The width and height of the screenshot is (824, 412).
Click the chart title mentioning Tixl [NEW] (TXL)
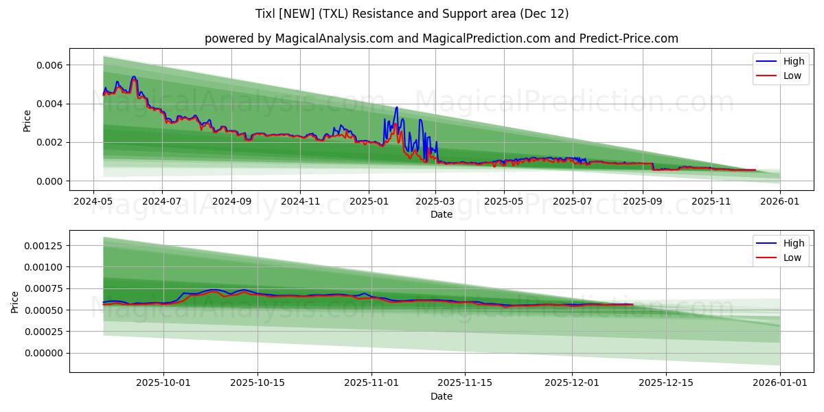pyautogui.click(x=412, y=14)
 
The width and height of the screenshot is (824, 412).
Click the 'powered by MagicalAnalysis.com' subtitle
pyautogui.click(x=441, y=38)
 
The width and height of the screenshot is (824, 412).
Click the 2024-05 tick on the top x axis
pyautogui.click(x=93, y=201)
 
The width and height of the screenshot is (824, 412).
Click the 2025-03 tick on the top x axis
pyautogui.click(x=435, y=201)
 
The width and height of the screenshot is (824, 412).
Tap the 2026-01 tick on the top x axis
pyautogui.click(x=781, y=201)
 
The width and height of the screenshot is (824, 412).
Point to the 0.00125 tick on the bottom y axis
pyautogui.click(x=45, y=246)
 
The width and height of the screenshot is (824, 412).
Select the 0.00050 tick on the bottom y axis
pyautogui.click(x=45, y=310)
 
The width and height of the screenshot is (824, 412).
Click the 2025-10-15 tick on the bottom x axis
pyautogui.click(x=257, y=383)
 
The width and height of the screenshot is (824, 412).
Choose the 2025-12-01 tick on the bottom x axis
pyautogui.click(x=572, y=383)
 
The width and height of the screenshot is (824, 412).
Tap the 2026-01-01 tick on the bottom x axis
pyautogui.click(x=781, y=383)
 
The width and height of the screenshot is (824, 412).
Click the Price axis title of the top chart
pyautogui.click(x=27, y=122)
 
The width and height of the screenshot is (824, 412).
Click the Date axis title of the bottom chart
pyautogui.click(x=441, y=396)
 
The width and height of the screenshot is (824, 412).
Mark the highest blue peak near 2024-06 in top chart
pyautogui.click(x=134, y=76)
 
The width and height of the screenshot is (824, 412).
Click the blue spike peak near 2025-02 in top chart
pyautogui.click(x=396, y=107)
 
